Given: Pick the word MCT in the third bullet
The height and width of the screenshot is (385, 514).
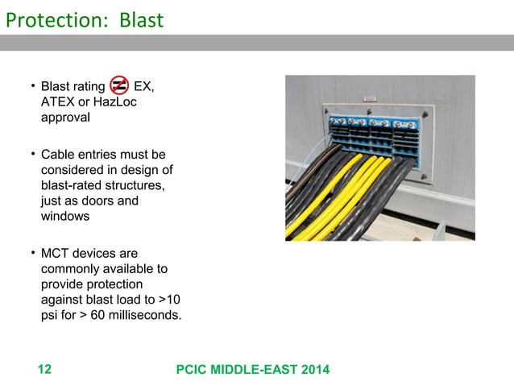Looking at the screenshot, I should pos(56,253).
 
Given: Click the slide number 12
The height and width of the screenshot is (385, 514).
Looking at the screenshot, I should pos(44,370).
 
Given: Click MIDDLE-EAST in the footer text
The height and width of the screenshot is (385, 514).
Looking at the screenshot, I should pos(251,370).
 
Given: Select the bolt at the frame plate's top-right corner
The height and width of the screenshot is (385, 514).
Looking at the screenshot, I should pos(425,114).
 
